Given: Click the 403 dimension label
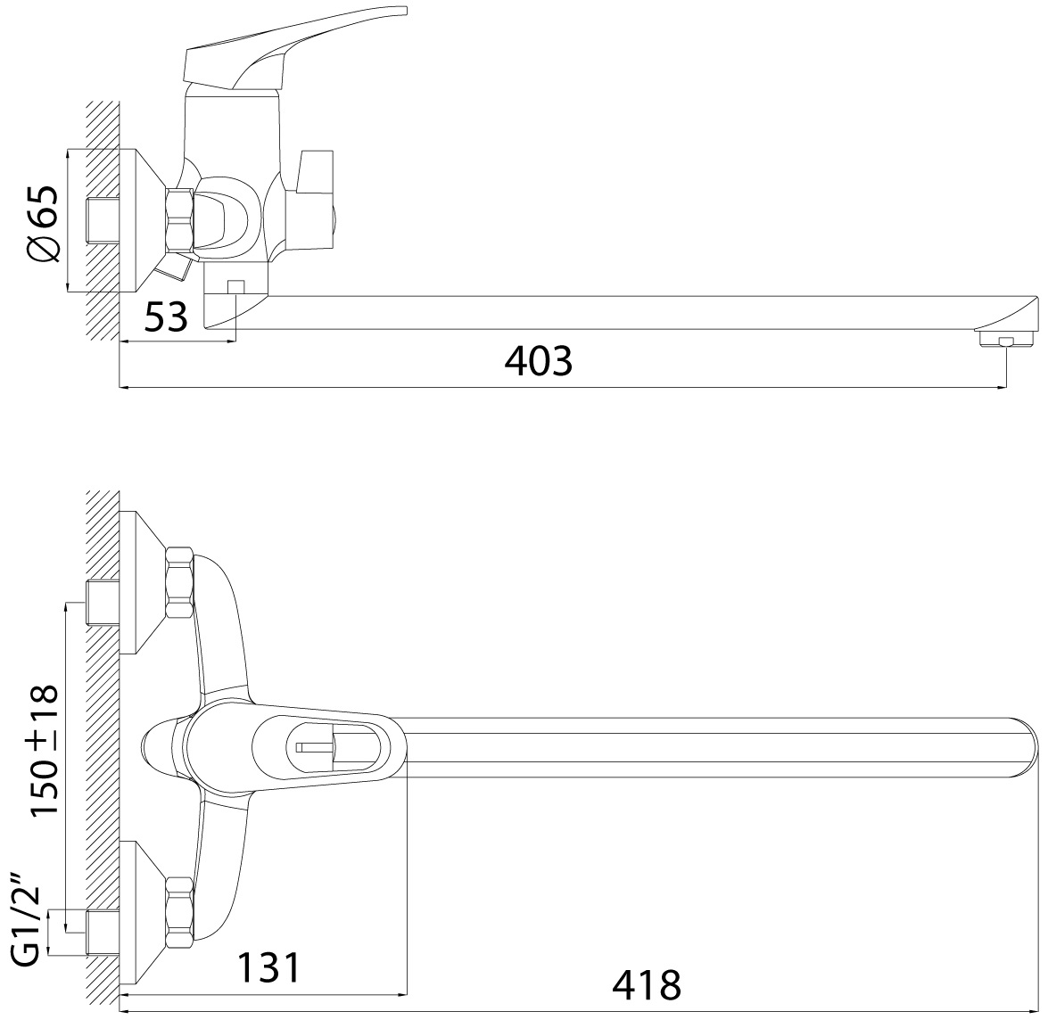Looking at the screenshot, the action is [x=538, y=361].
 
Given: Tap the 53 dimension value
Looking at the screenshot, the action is [x=167, y=317].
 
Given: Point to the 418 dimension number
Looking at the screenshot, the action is [x=647, y=984].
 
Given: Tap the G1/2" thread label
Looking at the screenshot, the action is [x=28, y=925].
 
